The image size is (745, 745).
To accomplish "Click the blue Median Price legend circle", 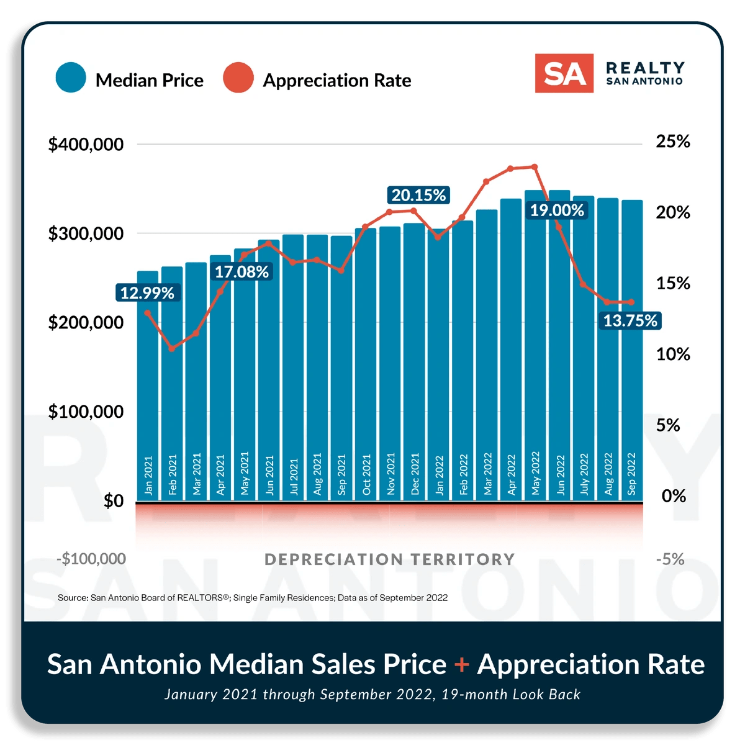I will click(71, 78).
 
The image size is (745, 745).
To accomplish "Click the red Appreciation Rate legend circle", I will click(238, 78).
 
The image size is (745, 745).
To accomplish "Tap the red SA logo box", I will click(564, 73).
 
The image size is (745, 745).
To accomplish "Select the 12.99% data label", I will click(148, 293).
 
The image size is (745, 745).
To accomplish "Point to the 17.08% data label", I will click(242, 272).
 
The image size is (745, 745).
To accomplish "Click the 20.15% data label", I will click(418, 196).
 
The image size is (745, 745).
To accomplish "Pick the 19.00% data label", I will click(557, 210).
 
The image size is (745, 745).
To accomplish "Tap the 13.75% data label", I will click(630, 321).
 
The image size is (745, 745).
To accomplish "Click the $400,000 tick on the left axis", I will click(86, 145).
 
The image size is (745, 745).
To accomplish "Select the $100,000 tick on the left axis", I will click(86, 412).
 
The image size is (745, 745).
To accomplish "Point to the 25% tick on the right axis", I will click(673, 142).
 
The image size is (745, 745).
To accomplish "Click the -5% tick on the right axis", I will click(670, 559).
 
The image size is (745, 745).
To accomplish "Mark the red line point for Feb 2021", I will click(172, 348).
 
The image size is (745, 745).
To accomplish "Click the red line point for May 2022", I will click(535, 166).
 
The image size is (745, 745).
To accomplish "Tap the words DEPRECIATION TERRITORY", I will click(389, 559).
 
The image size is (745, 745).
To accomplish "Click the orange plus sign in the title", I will click(461, 665).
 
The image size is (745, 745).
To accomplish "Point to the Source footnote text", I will click(253, 598).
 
